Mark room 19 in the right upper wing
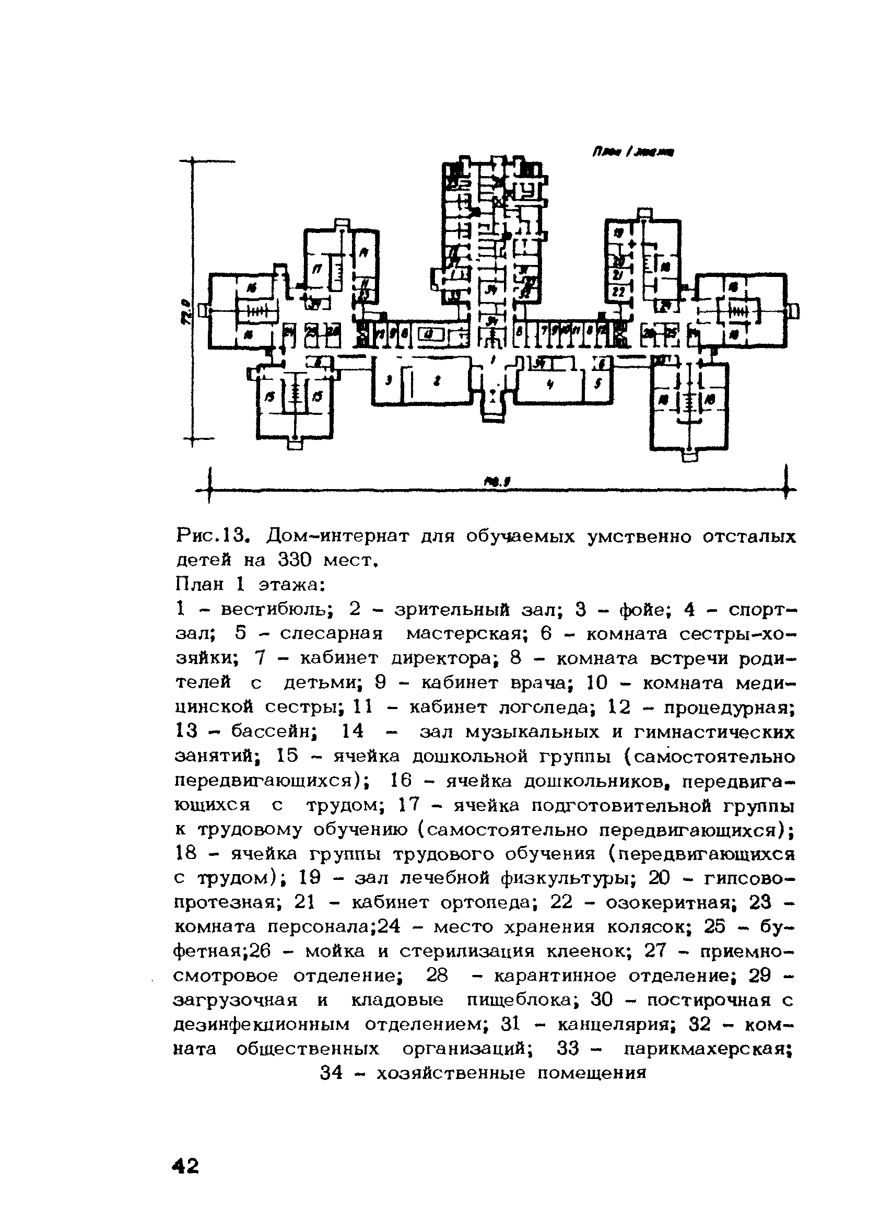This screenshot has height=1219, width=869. click(x=619, y=233)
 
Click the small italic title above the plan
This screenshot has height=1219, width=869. click(x=632, y=153)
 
